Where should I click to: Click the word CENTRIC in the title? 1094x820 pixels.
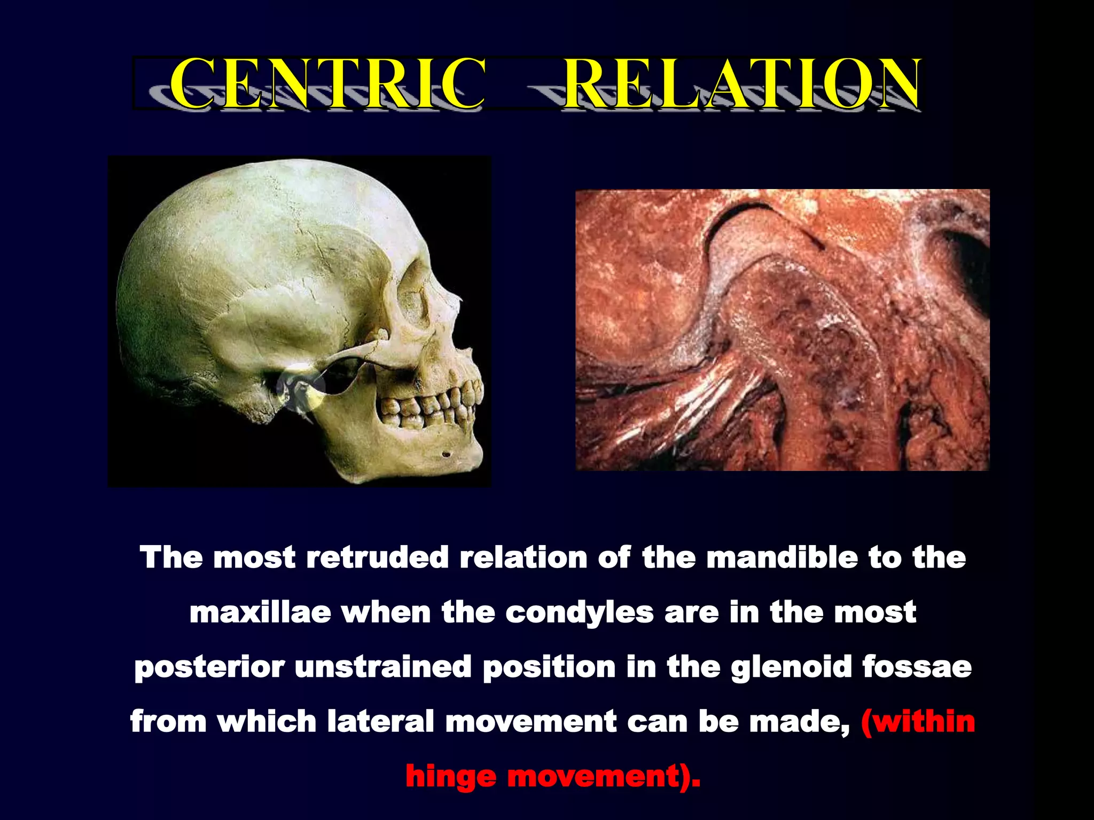(x=327, y=83)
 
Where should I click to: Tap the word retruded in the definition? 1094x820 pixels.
(x=377, y=558)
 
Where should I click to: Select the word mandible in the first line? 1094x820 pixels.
(x=781, y=558)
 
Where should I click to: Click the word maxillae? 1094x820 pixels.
(x=260, y=612)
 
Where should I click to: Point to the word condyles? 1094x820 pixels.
(x=579, y=613)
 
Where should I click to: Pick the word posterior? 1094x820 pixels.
(x=209, y=668)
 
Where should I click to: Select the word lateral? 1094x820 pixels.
(x=381, y=722)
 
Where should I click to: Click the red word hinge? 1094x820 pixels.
(x=450, y=777)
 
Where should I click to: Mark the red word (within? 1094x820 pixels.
(x=918, y=722)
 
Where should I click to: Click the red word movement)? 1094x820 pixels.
(x=604, y=777)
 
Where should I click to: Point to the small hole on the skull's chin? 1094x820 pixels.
(x=446, y=454)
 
